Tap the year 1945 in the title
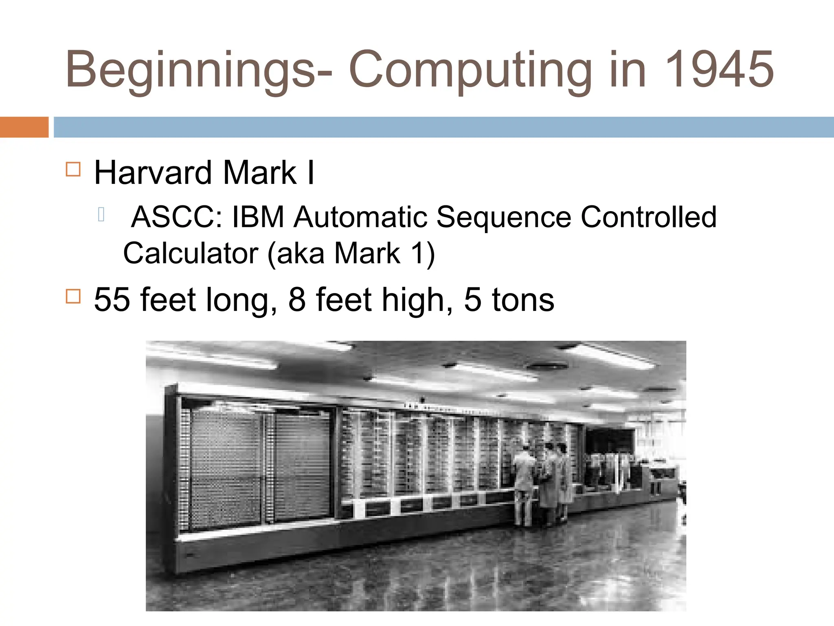(x=719, y=69)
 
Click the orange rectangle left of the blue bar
(x=24, y=127)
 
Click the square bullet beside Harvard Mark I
(x=73, y=169)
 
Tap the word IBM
(x=258, y=217)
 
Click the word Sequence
(x=504, y=218)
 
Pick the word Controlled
(x=648, y=217)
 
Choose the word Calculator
(x=191, y=253)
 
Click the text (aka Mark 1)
(x=351, y=253)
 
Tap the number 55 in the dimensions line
(x=112, y=300)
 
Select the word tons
(x=523, y=300)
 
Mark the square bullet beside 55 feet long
(x=73, y=296)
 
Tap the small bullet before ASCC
(x=101, y=214)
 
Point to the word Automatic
(x=360, y=217)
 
